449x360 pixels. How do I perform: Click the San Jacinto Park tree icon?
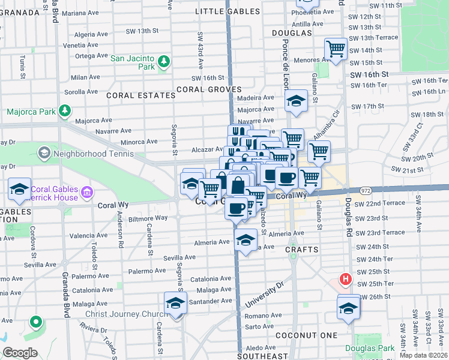click(163, 61)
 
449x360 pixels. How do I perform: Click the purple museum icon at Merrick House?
click(87, 193)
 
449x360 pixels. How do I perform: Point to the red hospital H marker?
click(346, 279)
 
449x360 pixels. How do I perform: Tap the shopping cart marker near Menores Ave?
click(336, 49)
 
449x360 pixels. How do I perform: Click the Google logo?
click(20, 353)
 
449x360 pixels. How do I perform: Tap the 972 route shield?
click(366, 190)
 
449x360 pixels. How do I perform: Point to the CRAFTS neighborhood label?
click(301, 248)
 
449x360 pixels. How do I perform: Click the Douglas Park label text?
click(370, 348)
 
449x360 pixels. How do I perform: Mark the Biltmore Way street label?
click(142, 217)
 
